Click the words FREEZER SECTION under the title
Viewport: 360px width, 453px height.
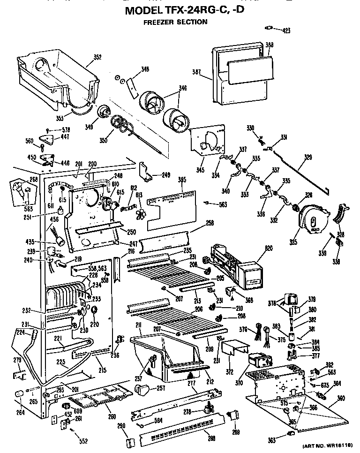point(175,22)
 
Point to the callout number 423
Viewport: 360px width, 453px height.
point(285,30)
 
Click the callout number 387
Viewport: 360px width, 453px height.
point(196,72)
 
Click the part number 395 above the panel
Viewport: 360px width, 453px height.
point(182,179)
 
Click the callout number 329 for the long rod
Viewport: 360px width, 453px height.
point(307,158)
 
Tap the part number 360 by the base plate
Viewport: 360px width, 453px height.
point(341,398)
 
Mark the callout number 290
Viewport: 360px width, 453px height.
point(122,425)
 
